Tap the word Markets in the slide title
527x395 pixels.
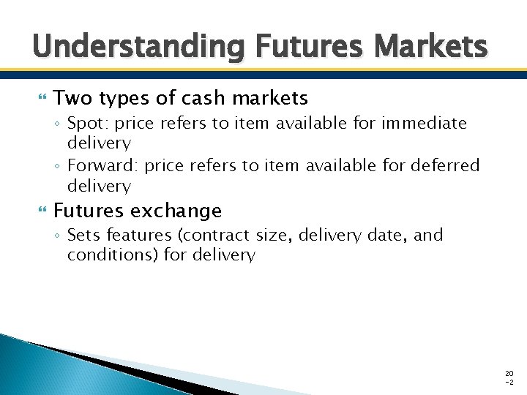coord(430,48)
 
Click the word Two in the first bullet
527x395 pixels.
coord(72,97)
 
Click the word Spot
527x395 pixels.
coord(84,124)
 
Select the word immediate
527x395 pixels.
coord(425,124)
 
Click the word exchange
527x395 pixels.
coord(177,211)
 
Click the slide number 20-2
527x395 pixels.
coord(509,377)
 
